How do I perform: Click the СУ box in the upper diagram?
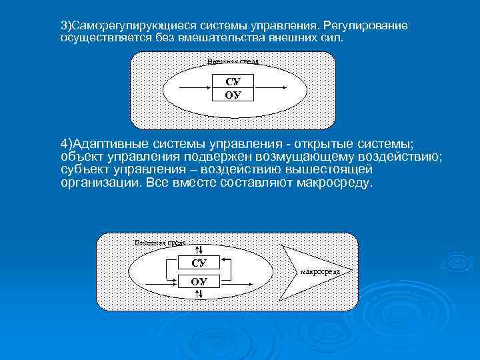[233, 81]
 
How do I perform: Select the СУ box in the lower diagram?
[199, 263]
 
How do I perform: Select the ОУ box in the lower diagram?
[199, 281]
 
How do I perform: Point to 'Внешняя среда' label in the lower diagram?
[160, 243]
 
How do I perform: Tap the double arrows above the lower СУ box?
[199, 249]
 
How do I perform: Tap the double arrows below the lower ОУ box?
[199, 294]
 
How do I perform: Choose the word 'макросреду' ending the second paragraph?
[336, 182]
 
